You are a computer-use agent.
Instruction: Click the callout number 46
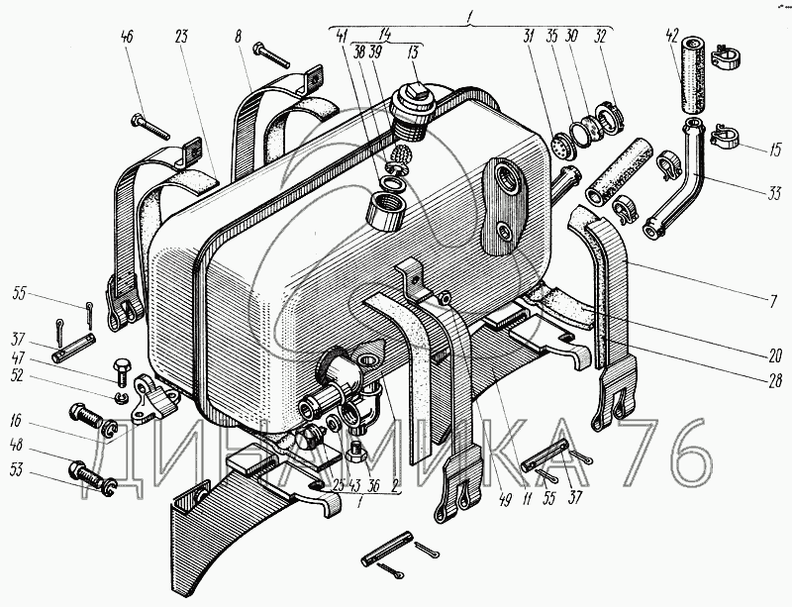coord(128,37)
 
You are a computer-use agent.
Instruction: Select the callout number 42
coord(671,37)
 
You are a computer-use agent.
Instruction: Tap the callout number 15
coord(775,150)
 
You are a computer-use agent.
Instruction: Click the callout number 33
coord(774,193)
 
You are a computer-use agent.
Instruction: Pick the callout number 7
coord(773,302)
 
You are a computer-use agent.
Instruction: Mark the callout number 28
coord(774,380)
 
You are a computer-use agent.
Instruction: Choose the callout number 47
coord(18,358)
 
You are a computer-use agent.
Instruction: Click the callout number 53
coord(16,470)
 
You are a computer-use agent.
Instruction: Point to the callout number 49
coord(504,499)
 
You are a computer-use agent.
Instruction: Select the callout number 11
coord(528,499)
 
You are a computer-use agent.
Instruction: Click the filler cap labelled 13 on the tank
coord(410,112)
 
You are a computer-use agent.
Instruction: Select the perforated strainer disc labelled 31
coord(560,144)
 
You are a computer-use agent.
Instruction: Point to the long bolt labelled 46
coord(150,127)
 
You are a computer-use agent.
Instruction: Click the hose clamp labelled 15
coord(725,137)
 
